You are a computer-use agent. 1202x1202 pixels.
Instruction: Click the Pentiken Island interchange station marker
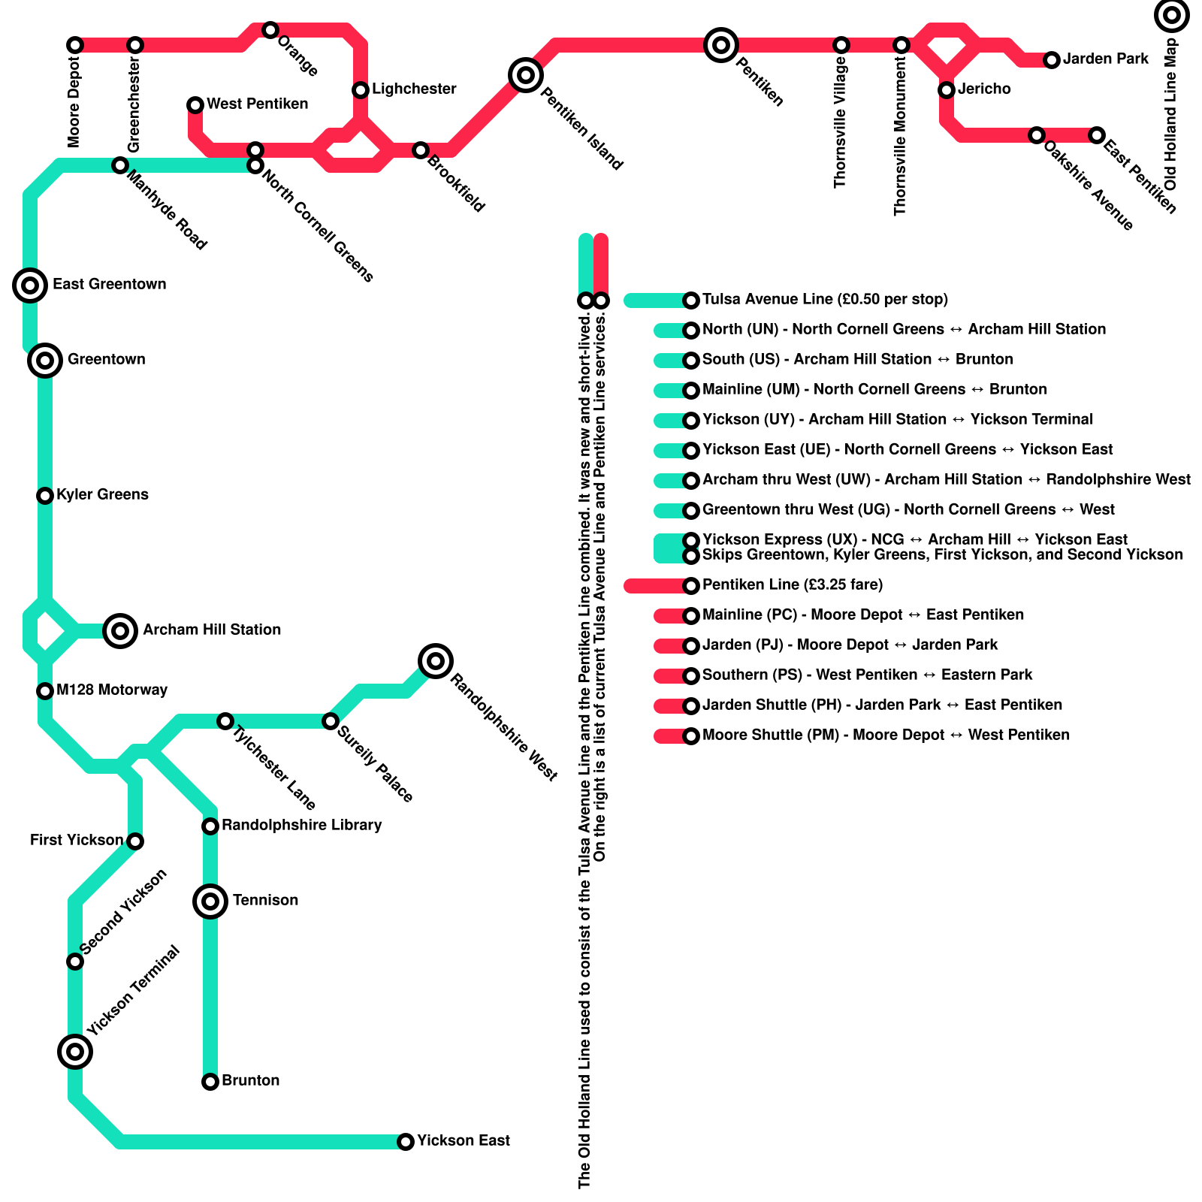526,75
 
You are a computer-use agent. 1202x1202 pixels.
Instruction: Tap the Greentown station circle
45,361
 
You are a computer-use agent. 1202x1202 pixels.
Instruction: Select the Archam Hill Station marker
120,630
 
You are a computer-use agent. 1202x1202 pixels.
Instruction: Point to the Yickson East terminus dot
406,1142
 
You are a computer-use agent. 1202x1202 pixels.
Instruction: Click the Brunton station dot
210,1082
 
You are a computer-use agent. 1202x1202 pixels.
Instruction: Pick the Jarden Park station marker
1052,60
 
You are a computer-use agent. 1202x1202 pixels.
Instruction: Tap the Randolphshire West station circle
436,661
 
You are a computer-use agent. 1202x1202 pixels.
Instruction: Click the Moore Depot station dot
75,45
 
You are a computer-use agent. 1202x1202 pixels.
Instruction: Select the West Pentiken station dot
195,104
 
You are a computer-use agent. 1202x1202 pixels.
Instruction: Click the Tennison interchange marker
210,901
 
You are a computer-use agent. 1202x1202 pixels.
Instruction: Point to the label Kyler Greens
102,494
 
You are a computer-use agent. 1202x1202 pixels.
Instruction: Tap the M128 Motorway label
112,690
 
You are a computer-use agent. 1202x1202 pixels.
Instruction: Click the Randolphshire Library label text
301,825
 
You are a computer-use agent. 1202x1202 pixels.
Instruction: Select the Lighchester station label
414,89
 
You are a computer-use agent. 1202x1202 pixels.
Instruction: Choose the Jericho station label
984,89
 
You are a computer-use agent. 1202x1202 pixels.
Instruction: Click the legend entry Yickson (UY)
897,419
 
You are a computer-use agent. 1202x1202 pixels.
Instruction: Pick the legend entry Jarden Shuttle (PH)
882,705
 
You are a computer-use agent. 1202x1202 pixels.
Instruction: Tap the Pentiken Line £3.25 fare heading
793,584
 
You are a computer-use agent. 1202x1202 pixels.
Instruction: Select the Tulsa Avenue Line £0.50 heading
825,299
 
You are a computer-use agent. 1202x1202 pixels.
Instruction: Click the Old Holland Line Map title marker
1172,15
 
